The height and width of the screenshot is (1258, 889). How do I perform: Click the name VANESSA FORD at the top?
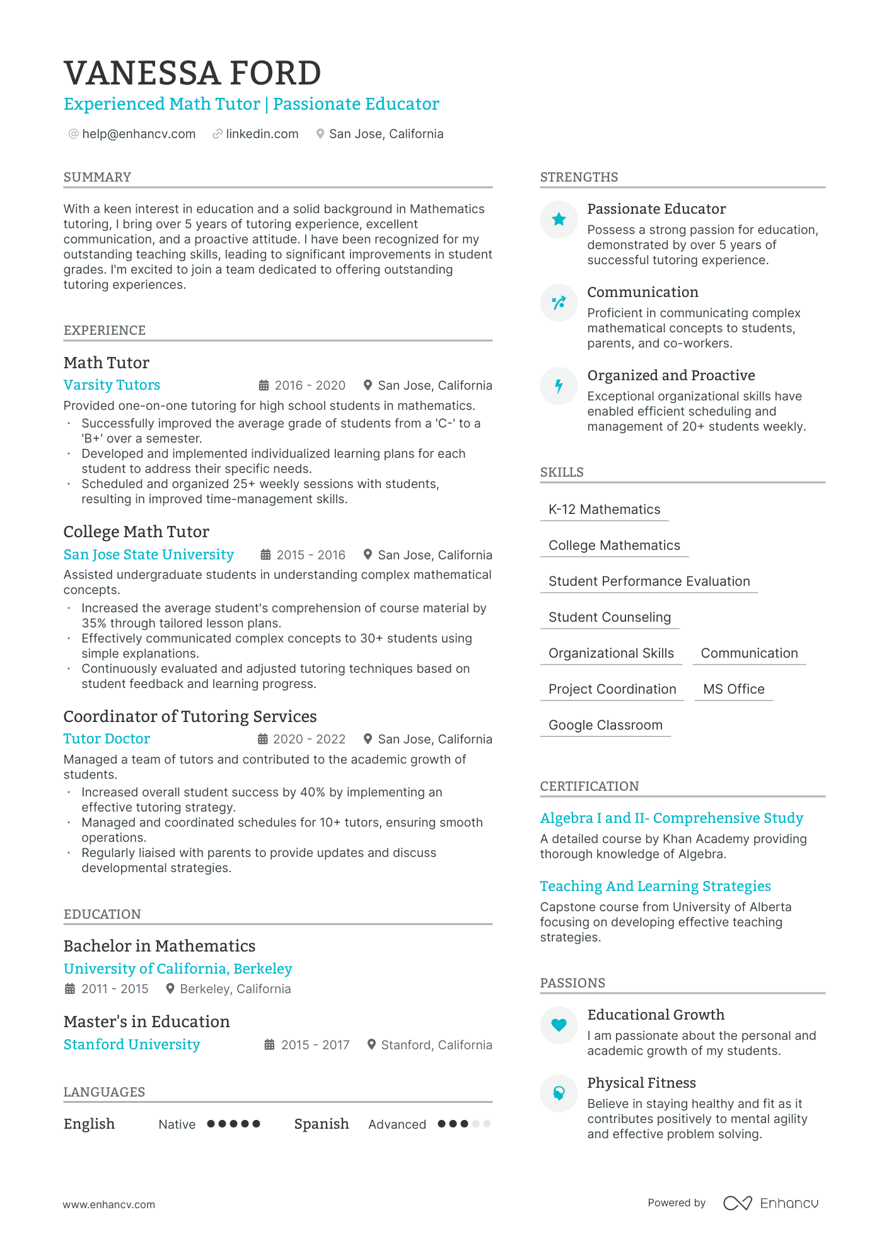[192, 73]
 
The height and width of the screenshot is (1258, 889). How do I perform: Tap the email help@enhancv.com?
[139, 134]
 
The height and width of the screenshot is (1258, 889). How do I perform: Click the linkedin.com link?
[262, 134]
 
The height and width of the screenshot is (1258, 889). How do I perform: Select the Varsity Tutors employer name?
[112, 385]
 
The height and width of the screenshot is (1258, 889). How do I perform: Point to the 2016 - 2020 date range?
[310, 385]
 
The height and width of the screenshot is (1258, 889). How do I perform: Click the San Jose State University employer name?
[148, 554]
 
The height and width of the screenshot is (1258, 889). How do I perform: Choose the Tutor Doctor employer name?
[107, 738]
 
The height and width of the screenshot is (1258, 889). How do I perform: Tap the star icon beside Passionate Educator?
[559, 219]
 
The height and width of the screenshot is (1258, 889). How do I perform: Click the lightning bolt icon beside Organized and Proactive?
[559, 386]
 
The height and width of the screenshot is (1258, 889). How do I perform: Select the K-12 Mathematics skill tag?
[604, 510]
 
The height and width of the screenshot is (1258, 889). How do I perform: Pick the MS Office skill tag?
[733, 689]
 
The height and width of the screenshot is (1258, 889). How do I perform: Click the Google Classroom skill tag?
[605, 725]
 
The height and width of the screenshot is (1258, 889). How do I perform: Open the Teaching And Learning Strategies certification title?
[655, 886]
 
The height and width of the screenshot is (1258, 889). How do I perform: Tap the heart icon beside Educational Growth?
[559, 1025]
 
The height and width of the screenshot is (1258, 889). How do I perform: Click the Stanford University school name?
[132, 1044]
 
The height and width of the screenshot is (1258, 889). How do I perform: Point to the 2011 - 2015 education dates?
[115, 989]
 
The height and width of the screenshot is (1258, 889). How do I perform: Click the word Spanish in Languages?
[322, 1124]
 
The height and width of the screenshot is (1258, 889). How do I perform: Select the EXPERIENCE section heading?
[105, 330]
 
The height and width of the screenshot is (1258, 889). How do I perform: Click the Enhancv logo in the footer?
[770, 1203]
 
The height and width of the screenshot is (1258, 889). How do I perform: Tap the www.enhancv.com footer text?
[108, 1204]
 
